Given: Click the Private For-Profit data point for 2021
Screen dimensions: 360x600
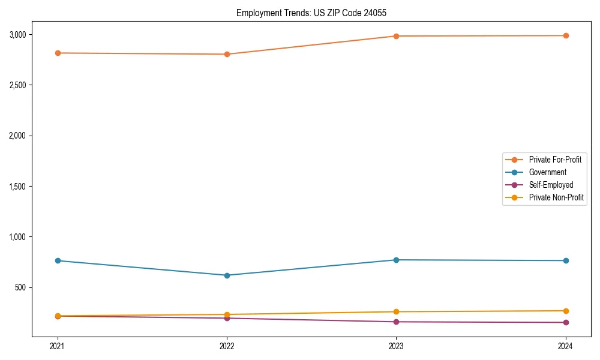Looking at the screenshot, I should [58, 53].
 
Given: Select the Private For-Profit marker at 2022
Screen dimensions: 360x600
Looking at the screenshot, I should [227, 54].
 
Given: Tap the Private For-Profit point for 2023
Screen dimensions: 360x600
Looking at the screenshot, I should [396, 36].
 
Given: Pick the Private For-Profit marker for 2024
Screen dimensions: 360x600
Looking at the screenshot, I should [566, 35].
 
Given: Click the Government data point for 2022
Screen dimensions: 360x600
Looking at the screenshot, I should [227, 275].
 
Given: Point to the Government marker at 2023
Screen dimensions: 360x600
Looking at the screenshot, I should [396, 260].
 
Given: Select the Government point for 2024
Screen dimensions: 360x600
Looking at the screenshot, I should [566, 260].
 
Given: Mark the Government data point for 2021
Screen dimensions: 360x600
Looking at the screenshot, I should [58, 260].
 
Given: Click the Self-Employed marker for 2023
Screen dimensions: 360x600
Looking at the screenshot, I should [396, 322].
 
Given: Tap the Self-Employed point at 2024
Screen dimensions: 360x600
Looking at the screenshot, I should [566, 322].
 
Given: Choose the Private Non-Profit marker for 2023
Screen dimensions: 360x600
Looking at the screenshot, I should [396, 311].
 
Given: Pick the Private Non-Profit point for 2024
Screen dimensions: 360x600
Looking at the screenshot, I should [566, 311].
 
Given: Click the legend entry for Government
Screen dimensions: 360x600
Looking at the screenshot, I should [547, 172].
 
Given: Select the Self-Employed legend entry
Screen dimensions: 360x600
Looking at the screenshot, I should [551, 185].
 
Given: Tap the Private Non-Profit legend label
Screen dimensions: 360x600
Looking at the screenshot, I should [556, 197].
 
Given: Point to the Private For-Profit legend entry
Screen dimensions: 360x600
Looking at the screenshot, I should [555, 160].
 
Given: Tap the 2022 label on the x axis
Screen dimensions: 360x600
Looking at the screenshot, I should [227, 346].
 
